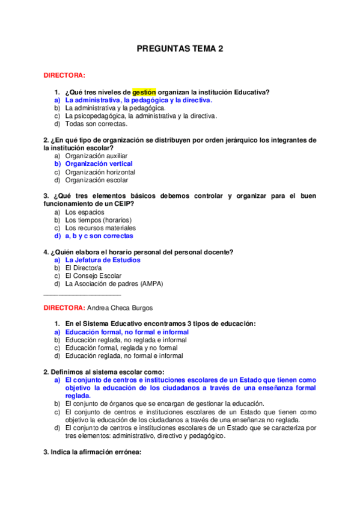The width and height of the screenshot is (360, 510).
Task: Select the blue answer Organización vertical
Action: click(x=99, y=164)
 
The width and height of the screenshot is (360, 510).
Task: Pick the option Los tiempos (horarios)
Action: click(x=98, y=220)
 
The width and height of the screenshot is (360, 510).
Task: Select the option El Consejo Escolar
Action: click(x=93, y=276)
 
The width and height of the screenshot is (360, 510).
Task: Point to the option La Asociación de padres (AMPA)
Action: click(x=114, y=284)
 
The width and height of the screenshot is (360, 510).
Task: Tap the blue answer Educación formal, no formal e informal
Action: click(x=127, y=332)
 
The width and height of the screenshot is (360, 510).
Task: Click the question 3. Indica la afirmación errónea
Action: click(x=92, y=453)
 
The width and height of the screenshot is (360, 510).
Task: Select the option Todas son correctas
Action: click(x=96, y=124)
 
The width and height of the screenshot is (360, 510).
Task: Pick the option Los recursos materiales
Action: click(x=100, y=228)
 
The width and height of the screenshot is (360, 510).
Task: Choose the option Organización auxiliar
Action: click(x=96, y=156)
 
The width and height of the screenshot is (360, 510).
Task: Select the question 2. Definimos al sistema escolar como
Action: click(x=103, y=372)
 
